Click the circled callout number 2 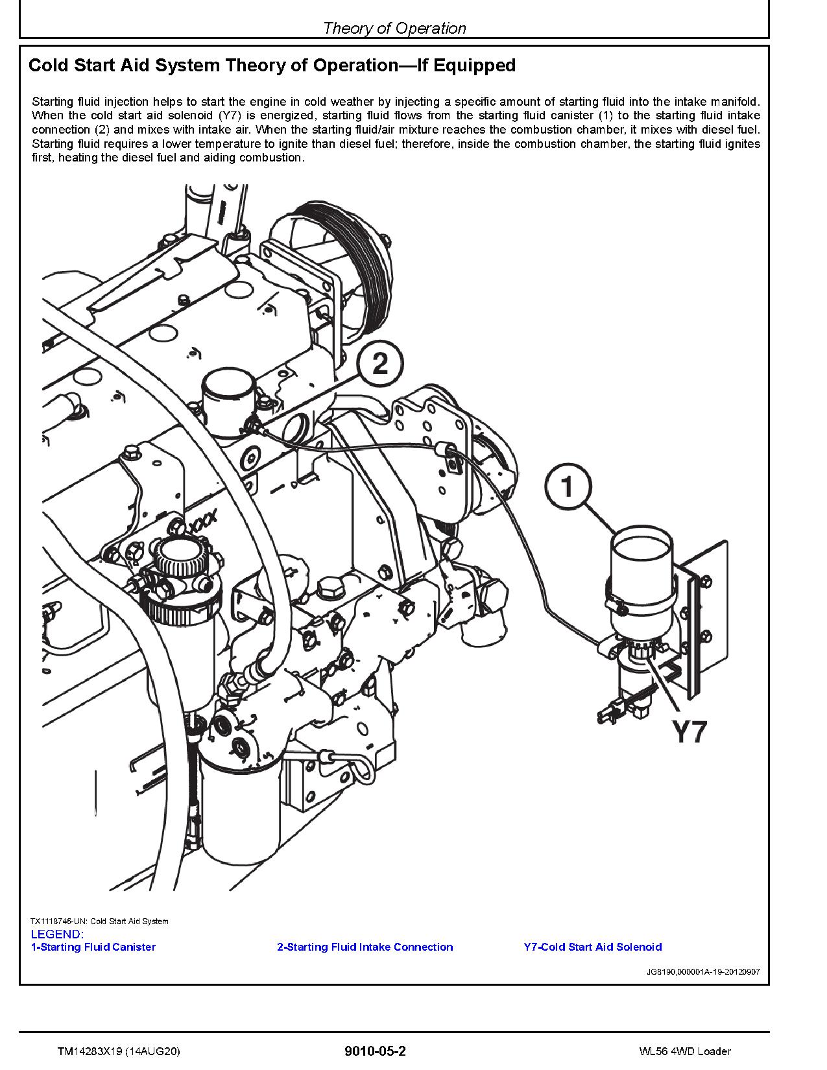point(380,363)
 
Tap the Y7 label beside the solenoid point(688,731)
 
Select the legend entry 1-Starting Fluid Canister point(93,947)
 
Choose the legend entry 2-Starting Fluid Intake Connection point(365,947)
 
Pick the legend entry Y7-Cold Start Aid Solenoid point(593,947)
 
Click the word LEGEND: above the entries point(57,934)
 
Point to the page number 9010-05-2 point(376,1051)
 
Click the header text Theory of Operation point(394,28)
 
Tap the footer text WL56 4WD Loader point(684,1051)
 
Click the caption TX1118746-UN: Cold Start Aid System point(99,921)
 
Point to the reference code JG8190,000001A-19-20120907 point(703,972)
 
